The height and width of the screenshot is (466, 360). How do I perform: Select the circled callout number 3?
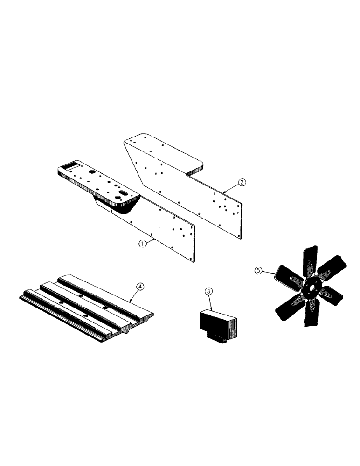point(208,292)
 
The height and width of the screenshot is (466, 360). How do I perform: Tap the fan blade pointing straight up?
point(309,261)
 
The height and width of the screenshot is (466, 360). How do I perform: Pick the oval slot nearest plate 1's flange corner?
point(124,192)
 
